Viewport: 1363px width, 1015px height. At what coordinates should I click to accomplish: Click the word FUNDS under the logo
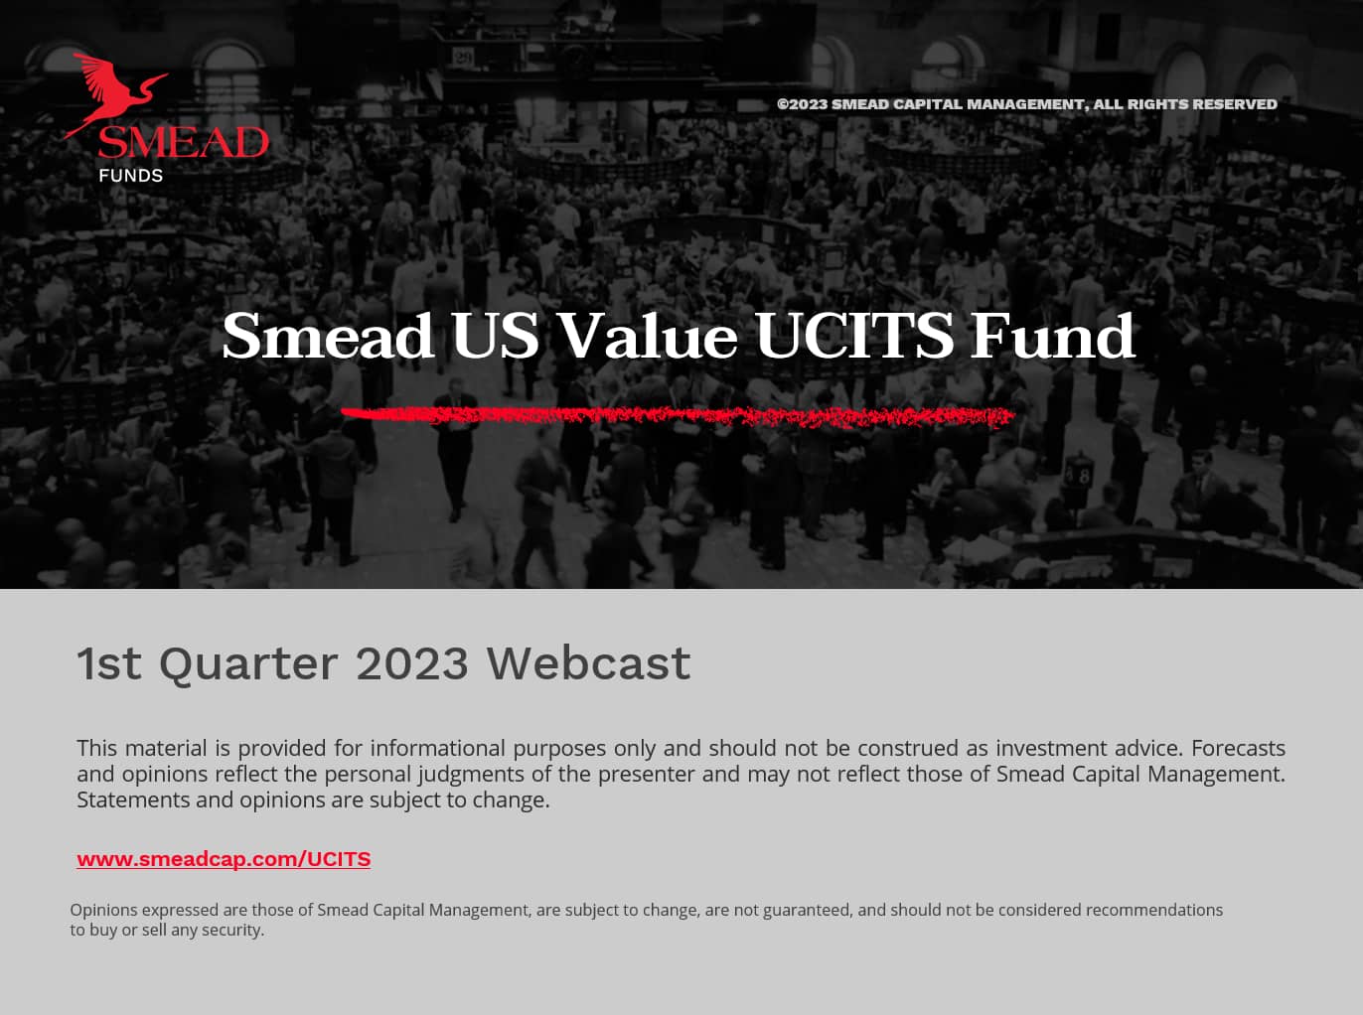point(130,176)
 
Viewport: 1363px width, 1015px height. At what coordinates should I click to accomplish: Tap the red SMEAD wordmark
point(183,143)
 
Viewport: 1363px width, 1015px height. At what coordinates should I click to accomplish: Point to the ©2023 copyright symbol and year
point(802,104)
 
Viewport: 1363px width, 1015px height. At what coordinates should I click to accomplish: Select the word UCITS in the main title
point(854,336)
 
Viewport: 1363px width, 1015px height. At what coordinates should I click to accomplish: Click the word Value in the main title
point(647,336)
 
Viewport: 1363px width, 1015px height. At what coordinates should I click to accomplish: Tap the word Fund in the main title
point(1052,336)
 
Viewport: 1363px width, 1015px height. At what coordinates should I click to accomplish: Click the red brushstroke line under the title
point(677,416)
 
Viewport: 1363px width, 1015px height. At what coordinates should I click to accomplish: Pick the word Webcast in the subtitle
point(588,663)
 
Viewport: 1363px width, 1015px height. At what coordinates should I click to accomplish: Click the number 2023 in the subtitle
point(411,663)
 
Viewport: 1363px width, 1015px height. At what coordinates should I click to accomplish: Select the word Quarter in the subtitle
point(248,663)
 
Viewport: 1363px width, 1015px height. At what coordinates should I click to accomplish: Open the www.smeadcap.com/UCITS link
point(224,859)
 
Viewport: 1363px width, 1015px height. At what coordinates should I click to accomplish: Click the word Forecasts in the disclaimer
point(1238,748)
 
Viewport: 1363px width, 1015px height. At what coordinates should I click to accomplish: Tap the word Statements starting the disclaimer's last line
point(132,799)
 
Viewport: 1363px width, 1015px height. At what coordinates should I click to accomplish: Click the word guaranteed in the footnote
point(807,910)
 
